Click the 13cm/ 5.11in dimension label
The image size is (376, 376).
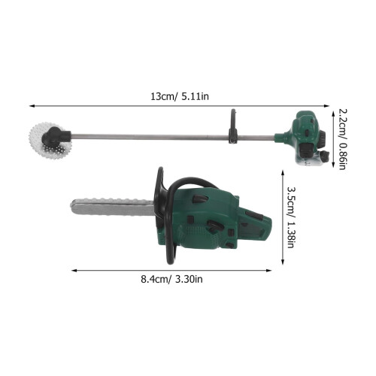click(x=180, y=96)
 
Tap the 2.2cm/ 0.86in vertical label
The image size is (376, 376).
click(x=342, y=139)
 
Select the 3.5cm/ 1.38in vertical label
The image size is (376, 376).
click(x=290, y=217)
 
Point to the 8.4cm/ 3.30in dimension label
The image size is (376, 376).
click(x=171, y=279)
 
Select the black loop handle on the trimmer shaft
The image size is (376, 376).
click(x=233, y=126)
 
